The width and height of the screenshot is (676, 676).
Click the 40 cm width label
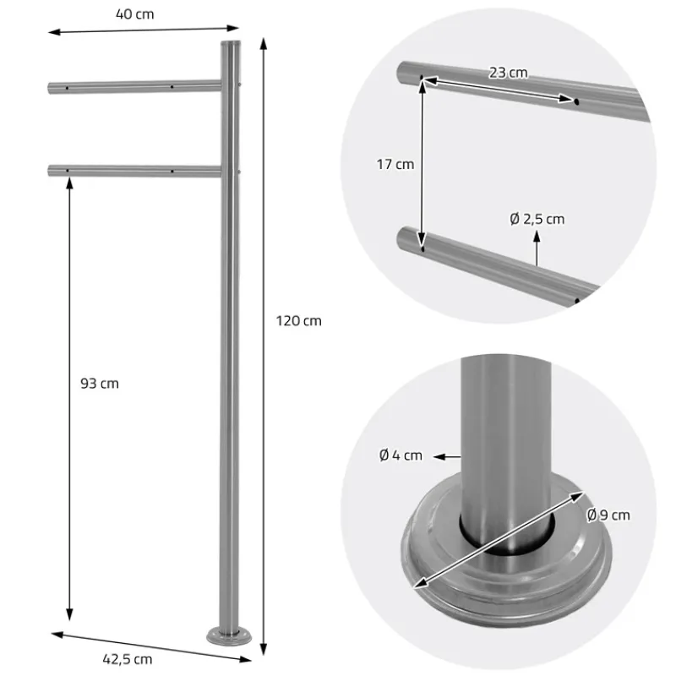pos(137,14)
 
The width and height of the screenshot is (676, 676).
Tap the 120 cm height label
pos(298,321)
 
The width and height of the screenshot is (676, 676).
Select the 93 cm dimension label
pos(98,384)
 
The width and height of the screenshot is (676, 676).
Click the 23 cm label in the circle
pos(508,73)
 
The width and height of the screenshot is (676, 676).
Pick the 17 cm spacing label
pos(395,164)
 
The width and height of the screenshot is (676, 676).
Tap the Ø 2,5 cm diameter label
pos(537,220)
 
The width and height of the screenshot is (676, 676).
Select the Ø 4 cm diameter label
pos(401,455)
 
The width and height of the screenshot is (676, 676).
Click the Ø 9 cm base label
pos(608,515)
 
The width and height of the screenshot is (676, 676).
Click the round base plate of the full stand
pos(229,635)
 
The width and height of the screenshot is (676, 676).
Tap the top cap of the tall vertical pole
pos(230,43)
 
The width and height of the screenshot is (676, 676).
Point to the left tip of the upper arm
pos(51,87)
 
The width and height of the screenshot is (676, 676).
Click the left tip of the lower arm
pos(51,172)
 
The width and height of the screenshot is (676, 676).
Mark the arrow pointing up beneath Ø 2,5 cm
pos(536,249)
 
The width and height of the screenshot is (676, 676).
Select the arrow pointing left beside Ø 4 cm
pos(447,456)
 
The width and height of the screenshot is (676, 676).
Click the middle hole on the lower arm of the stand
pos(172,172)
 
